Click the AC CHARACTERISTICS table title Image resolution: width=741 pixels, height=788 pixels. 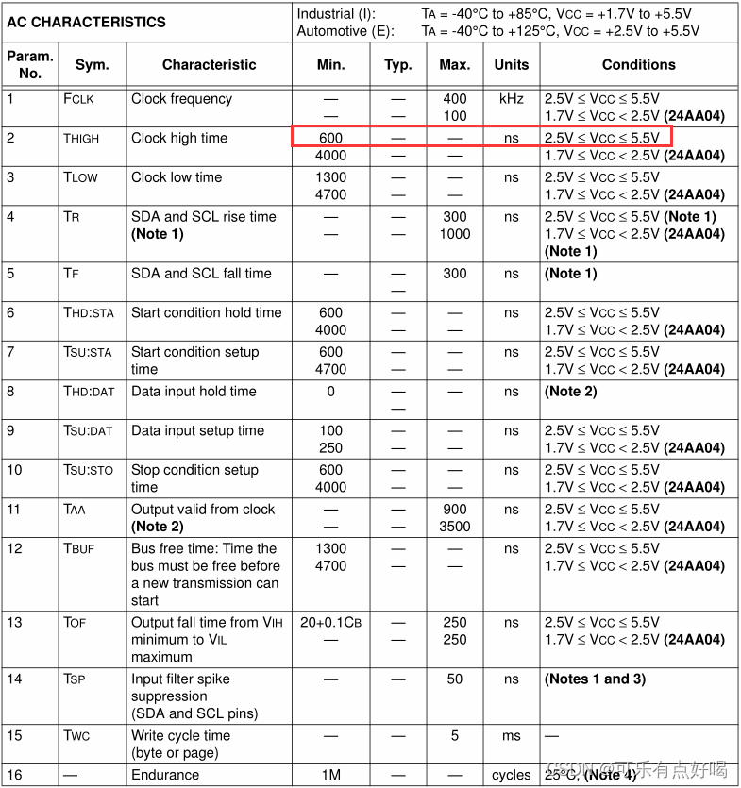tap(87, 22)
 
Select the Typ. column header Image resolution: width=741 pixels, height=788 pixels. tap(398, 65)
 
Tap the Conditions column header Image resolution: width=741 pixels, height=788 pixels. tap(638, 65)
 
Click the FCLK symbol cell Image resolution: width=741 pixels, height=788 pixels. tap(80, 99)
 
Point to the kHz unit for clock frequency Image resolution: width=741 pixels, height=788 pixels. tap(512, 99)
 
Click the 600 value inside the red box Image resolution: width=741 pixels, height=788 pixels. tap(330, 138)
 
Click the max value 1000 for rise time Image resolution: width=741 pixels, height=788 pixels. tap(455, 234)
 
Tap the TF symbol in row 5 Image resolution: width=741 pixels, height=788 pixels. tap(72, 274)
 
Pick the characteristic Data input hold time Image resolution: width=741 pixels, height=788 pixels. tap(194, 392)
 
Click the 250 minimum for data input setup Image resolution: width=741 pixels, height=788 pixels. tap(330, 448)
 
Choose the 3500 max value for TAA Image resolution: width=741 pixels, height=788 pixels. tap(455, 527)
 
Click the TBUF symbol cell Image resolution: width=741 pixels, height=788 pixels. tap(78, 548)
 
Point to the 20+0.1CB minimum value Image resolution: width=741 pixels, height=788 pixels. tap(330, 622)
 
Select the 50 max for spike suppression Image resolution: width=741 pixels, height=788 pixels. tap(455, 679)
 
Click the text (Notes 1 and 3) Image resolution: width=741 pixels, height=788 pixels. tap(595, 679)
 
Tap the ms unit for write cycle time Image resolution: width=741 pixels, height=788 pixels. tap(512, 736)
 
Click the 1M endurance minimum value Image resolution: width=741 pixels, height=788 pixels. tap(330, 775)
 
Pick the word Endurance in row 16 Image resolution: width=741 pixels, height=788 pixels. tap(165, 775)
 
